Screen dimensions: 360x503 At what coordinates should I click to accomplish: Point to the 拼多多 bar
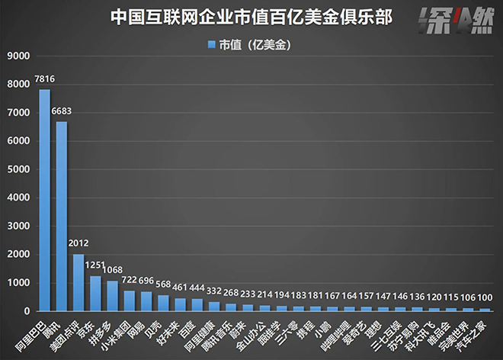pyautogui.click(x=112, y=296)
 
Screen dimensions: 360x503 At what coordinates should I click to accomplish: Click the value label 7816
pyautogui.click(x=44, y=79)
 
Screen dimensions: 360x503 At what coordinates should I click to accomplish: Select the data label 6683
pyautogui.click(x=62, y=111)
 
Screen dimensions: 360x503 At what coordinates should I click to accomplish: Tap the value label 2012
pyautogui.click(x=78, y=244)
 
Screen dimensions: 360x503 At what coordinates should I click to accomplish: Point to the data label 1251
pyautogui.click(x=96, y=265)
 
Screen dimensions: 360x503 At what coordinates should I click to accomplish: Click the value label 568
pyautogui.click(x=163, y=285)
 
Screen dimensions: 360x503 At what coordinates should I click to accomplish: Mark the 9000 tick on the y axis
pyautogui.click(x=18, y=56)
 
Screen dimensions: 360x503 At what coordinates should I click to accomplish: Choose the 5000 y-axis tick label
pyautogui.click(x=18, y=169)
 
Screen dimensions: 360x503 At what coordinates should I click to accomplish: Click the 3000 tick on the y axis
pyautogui.click(x=18, y=227)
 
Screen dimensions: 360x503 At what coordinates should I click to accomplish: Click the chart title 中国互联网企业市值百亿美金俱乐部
pyautogui.click(x=251, y=17)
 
